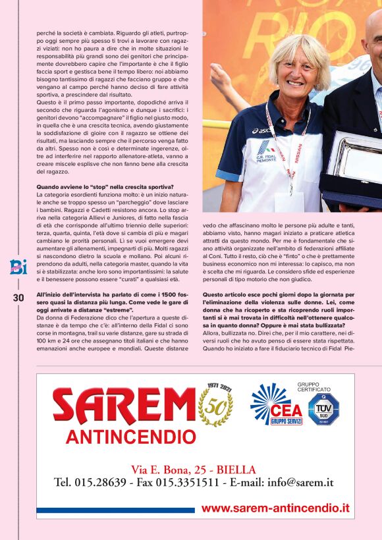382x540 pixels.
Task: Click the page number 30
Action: pyautogui.click(x=18, y=298)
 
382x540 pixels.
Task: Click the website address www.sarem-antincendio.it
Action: pyautogui.click(x=275, y=508)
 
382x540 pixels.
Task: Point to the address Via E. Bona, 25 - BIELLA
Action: pyautogui.click(x=194, y=470)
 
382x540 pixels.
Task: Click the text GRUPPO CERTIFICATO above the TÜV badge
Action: pyautogui.click(x=317, y=387)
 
